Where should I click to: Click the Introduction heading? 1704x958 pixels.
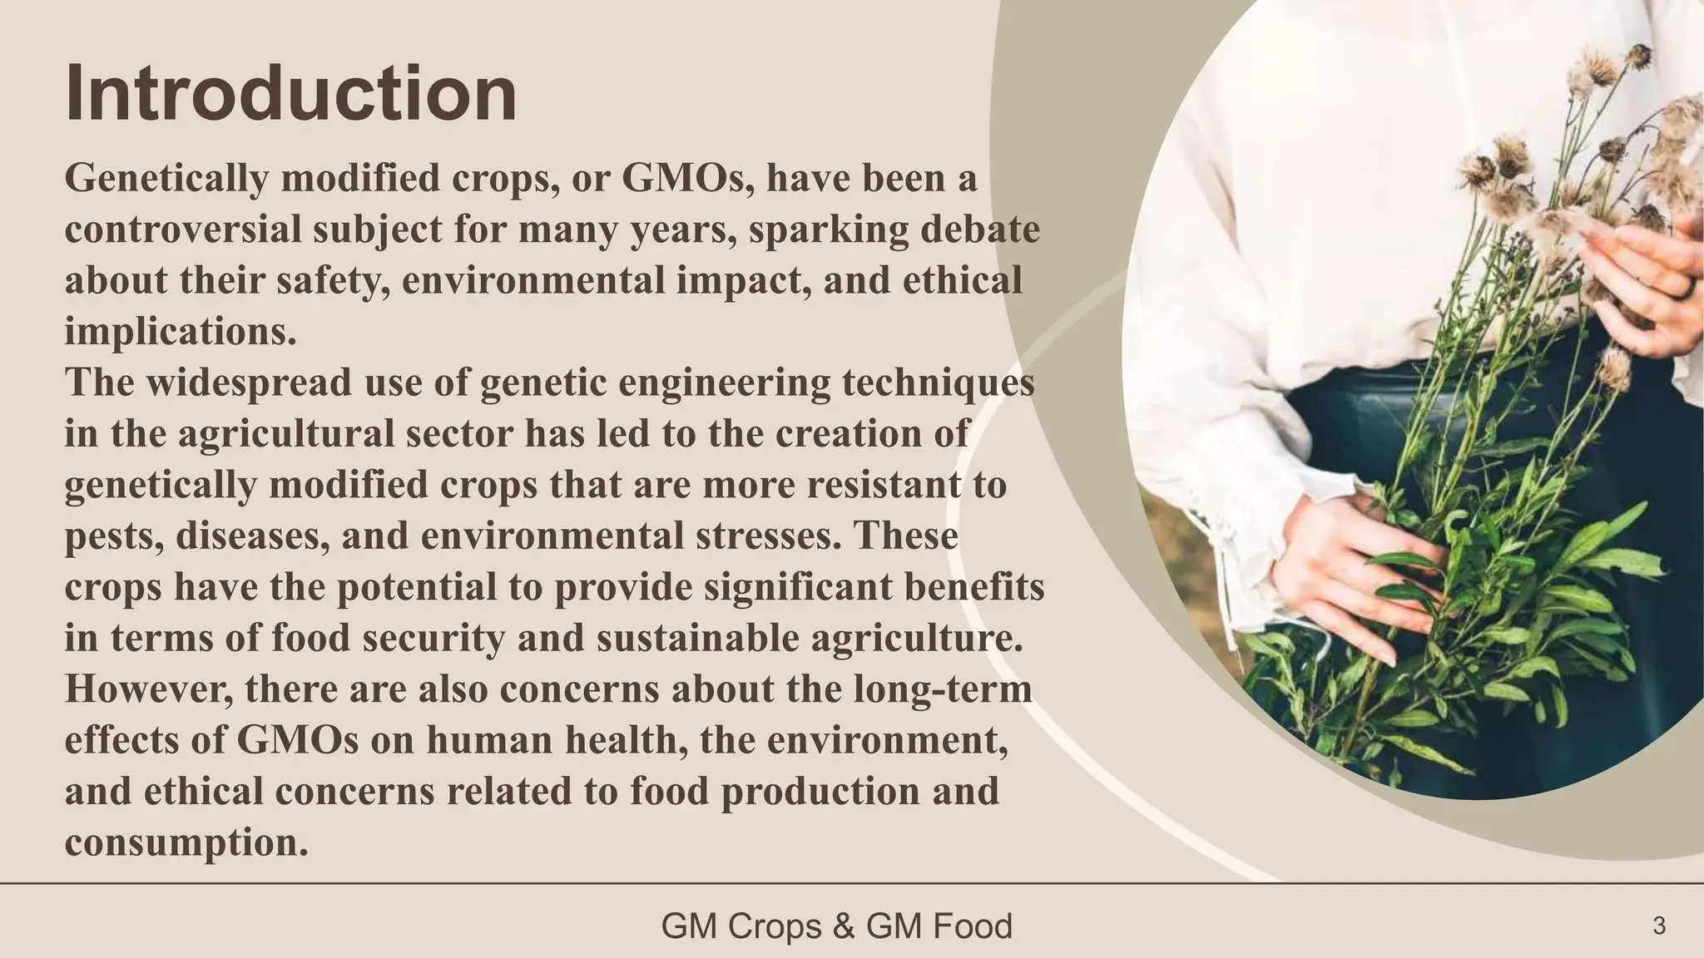click(290, 93)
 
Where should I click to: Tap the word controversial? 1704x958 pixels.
click(182, 230)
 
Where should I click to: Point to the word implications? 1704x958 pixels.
click(180, 332)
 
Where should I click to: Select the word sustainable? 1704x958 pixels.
click(656, 639)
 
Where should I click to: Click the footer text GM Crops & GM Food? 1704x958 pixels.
click(836, 926)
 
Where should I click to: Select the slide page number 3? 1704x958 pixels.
click(1659, 926)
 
